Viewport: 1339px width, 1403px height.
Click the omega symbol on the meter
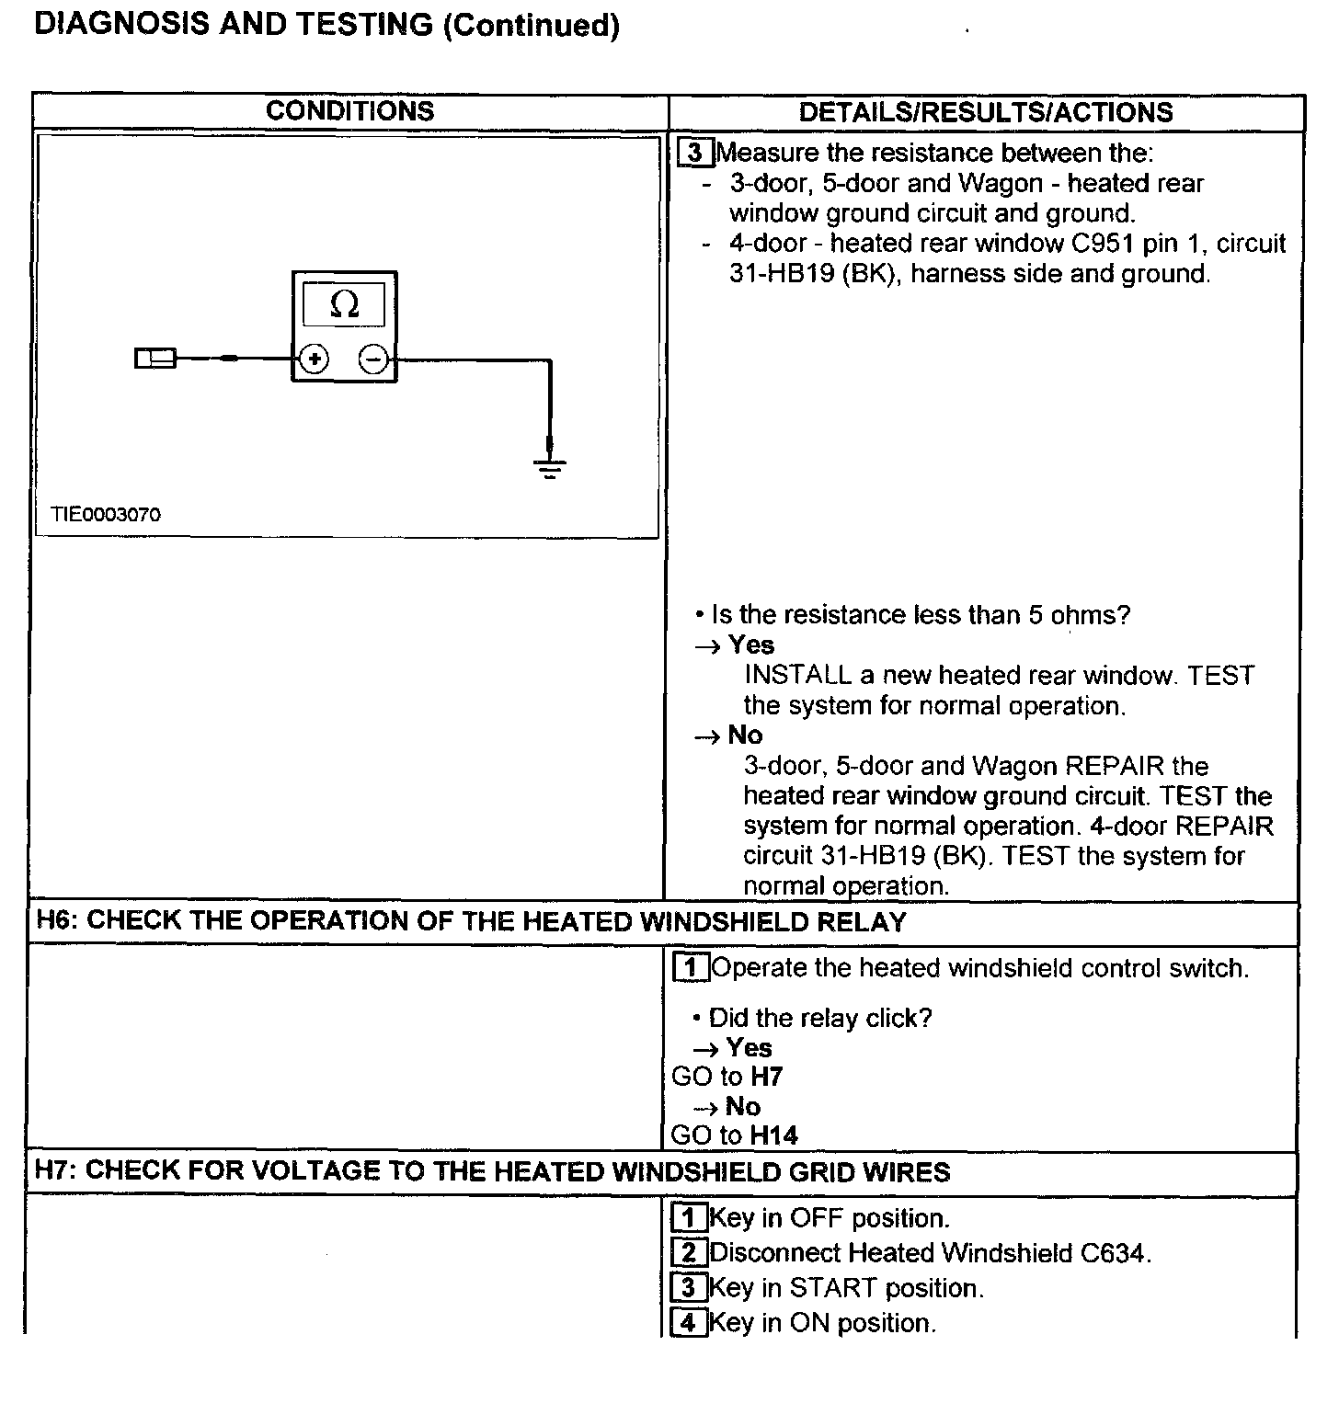pos(344,304)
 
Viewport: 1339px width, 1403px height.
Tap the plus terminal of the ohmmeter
pos(315,359)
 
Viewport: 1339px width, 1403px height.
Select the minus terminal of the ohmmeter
pos(372,359)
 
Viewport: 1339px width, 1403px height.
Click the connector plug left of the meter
pos(154,359)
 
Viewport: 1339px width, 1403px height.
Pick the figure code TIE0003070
pos(106,515)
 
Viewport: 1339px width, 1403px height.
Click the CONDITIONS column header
pos(349,111)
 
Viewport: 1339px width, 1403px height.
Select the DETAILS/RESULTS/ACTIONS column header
pos(986,112)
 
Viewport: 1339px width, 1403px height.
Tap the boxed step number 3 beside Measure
pos(695,153)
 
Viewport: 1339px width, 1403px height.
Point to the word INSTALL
pos(797,676)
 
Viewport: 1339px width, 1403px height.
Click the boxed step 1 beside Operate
pos(691,968)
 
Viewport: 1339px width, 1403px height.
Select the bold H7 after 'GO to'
pos(766,1077)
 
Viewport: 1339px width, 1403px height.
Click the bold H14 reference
pos(773,1135)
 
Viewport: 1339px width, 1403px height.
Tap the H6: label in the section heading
pos(57,921)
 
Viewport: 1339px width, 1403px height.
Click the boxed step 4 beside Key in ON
pos(689,1323)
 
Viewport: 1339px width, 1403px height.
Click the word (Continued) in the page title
pos(531,25)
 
